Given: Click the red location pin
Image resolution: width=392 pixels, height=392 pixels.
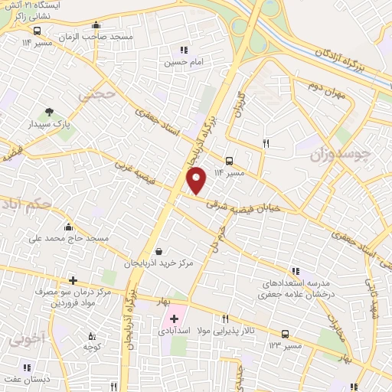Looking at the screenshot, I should click(198, 179).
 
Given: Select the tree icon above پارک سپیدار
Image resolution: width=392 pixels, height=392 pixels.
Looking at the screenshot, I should click(50, 113).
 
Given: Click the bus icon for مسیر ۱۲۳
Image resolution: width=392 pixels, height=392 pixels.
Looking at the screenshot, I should click(286, 334).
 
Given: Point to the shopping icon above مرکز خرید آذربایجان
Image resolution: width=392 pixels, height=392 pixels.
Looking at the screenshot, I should click(158, 251).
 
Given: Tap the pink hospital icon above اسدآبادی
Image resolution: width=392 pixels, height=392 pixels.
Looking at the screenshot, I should click(172, 318).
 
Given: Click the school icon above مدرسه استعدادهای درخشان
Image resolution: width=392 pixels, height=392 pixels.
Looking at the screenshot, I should click(296, 272).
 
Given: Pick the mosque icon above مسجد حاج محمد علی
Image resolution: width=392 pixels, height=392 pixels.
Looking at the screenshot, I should click(69, 227).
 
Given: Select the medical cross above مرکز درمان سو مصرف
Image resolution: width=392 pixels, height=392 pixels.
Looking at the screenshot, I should click(73, 281).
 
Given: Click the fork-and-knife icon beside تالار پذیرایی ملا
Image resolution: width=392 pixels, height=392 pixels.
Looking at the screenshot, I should click(225, 319).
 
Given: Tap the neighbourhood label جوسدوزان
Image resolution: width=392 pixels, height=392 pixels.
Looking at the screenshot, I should click(340, 155).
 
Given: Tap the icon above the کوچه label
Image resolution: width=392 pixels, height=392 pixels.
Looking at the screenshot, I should click(92, 335).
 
